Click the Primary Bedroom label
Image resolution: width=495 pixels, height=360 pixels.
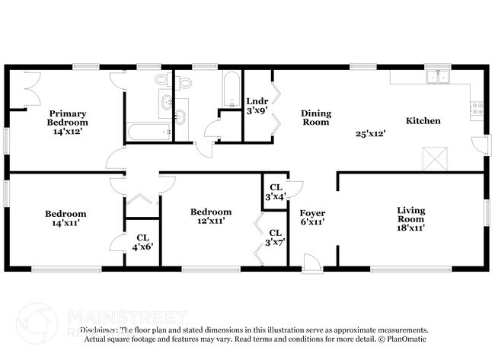click(68, 122)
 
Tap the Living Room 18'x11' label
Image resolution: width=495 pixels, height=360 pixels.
click(410, 218)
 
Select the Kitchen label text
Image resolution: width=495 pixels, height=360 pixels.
click(421, 121)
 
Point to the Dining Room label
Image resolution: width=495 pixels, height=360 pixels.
click(315, 117)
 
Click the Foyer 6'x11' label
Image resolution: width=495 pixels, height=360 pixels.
click(312, 218)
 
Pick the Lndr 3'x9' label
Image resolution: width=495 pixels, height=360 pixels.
click(257, 106)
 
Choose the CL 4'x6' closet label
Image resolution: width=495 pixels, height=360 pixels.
click(142, 242)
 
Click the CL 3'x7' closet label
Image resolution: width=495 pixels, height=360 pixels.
click(275, 237)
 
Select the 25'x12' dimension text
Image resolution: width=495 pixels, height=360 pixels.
click(370, 134)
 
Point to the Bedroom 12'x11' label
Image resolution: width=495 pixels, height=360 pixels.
click(211, 216)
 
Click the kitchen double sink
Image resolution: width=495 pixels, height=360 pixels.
click(437, 76)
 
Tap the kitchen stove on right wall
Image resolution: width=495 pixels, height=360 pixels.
click(477, 109)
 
